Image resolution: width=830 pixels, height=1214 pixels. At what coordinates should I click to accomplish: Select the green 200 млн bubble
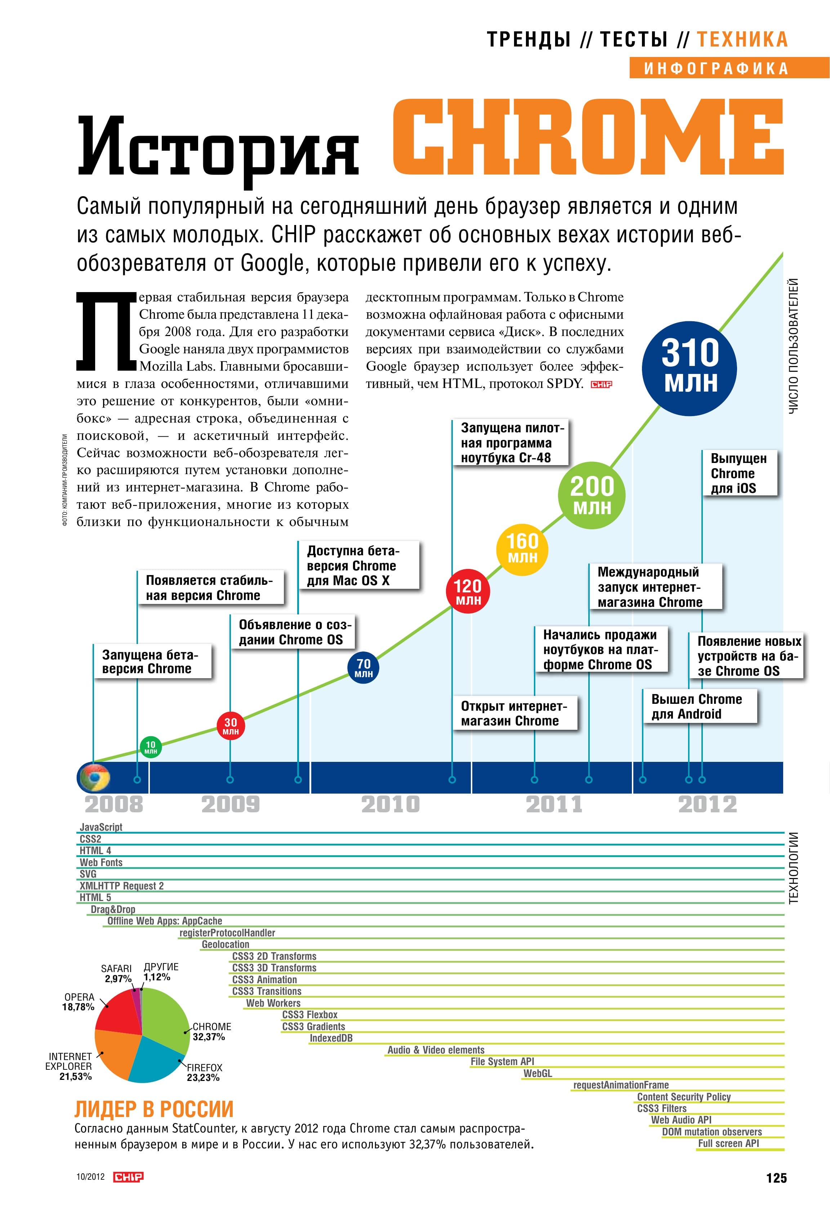(x=592, y=495)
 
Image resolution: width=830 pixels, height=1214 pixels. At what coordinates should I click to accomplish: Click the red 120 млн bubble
(x=468, y=591)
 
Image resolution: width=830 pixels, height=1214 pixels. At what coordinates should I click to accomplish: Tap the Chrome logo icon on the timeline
(x=94, y=777)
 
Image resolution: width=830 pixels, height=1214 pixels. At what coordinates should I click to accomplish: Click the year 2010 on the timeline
(x=391, y=804)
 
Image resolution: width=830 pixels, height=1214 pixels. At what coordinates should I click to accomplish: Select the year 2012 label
(x=707, y=804)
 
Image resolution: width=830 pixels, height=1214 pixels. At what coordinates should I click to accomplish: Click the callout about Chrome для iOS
(x=739, y=473)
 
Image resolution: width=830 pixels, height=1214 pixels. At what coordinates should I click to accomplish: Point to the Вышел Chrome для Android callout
(x=700, y=706)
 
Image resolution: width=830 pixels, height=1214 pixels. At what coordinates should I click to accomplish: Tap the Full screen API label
(x=728, y=1143)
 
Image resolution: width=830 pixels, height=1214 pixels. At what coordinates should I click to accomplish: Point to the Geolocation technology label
(x=226, y=944)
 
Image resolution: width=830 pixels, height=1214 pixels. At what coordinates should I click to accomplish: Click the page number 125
(x=776, y=1178)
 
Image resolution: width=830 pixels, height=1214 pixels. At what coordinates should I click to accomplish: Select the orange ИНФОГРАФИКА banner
(x=729, y=68)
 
